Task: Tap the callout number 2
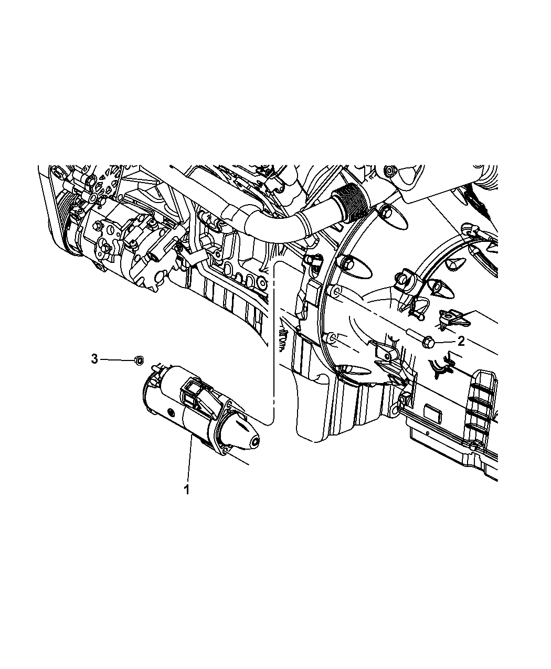coord(461,342)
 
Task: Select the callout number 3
coord(94,359)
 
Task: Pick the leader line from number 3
coord(116,359)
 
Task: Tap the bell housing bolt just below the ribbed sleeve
coord(386,213)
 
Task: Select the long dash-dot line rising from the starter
coord(275,336)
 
